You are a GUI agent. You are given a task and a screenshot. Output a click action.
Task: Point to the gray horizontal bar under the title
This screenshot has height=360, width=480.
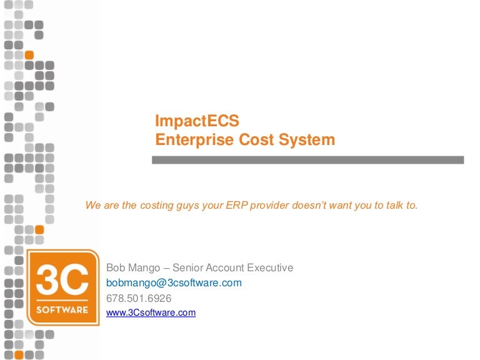pos(307,160)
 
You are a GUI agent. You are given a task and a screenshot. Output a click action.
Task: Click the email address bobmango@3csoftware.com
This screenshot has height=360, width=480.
pos(174,283)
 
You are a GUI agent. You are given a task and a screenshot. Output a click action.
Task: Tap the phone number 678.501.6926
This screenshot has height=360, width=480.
pos(139,298)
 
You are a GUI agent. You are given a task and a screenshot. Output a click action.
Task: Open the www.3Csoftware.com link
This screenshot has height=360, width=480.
pos(151,312)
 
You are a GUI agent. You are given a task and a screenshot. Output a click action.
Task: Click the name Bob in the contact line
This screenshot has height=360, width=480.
pos(117,268)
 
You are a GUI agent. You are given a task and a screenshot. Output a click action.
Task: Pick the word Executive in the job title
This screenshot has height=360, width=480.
pos(269,268)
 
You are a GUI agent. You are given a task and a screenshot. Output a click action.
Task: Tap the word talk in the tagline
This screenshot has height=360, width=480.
pos(394,204)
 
